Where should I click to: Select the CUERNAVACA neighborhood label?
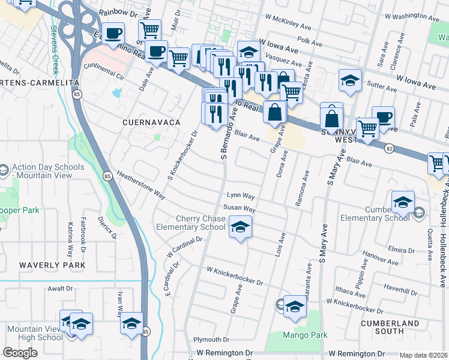click(x=151, y=122)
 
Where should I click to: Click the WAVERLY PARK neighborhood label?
click(x=52, y=265)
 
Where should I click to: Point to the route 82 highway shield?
click(x=390, y=148)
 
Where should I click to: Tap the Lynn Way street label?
click(x=241, y=196)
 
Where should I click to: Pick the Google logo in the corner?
click(x=20, y=353)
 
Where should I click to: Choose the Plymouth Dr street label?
click(x=211, y=340)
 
